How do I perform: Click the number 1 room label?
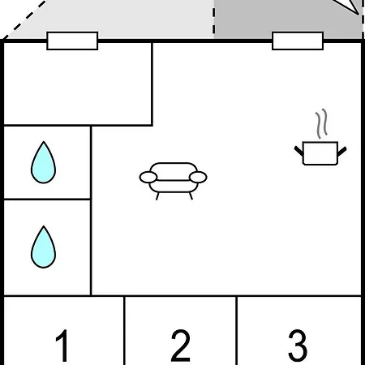coord(62,346)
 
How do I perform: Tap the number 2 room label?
coord(181,346)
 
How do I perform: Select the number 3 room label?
coord(298,346)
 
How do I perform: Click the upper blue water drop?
coord(44,163)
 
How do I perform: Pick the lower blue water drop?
coord(44,247)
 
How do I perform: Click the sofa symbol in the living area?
coord(174,181)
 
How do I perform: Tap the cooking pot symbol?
coord(320,153)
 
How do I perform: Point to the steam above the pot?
coord(321,123)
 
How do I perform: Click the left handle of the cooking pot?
coord(298,151)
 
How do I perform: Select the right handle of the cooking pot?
coord(342,151)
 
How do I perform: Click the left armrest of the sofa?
coord(148,178)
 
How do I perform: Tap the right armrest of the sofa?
coord(198,178)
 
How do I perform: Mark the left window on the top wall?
coord(72,41)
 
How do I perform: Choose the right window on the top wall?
coord(298,41)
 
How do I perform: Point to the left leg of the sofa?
coord(157,196)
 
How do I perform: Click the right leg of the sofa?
coord(191,196)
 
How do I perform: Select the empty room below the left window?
coord(78,84)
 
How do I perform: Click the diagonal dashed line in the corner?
coord(24,19)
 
